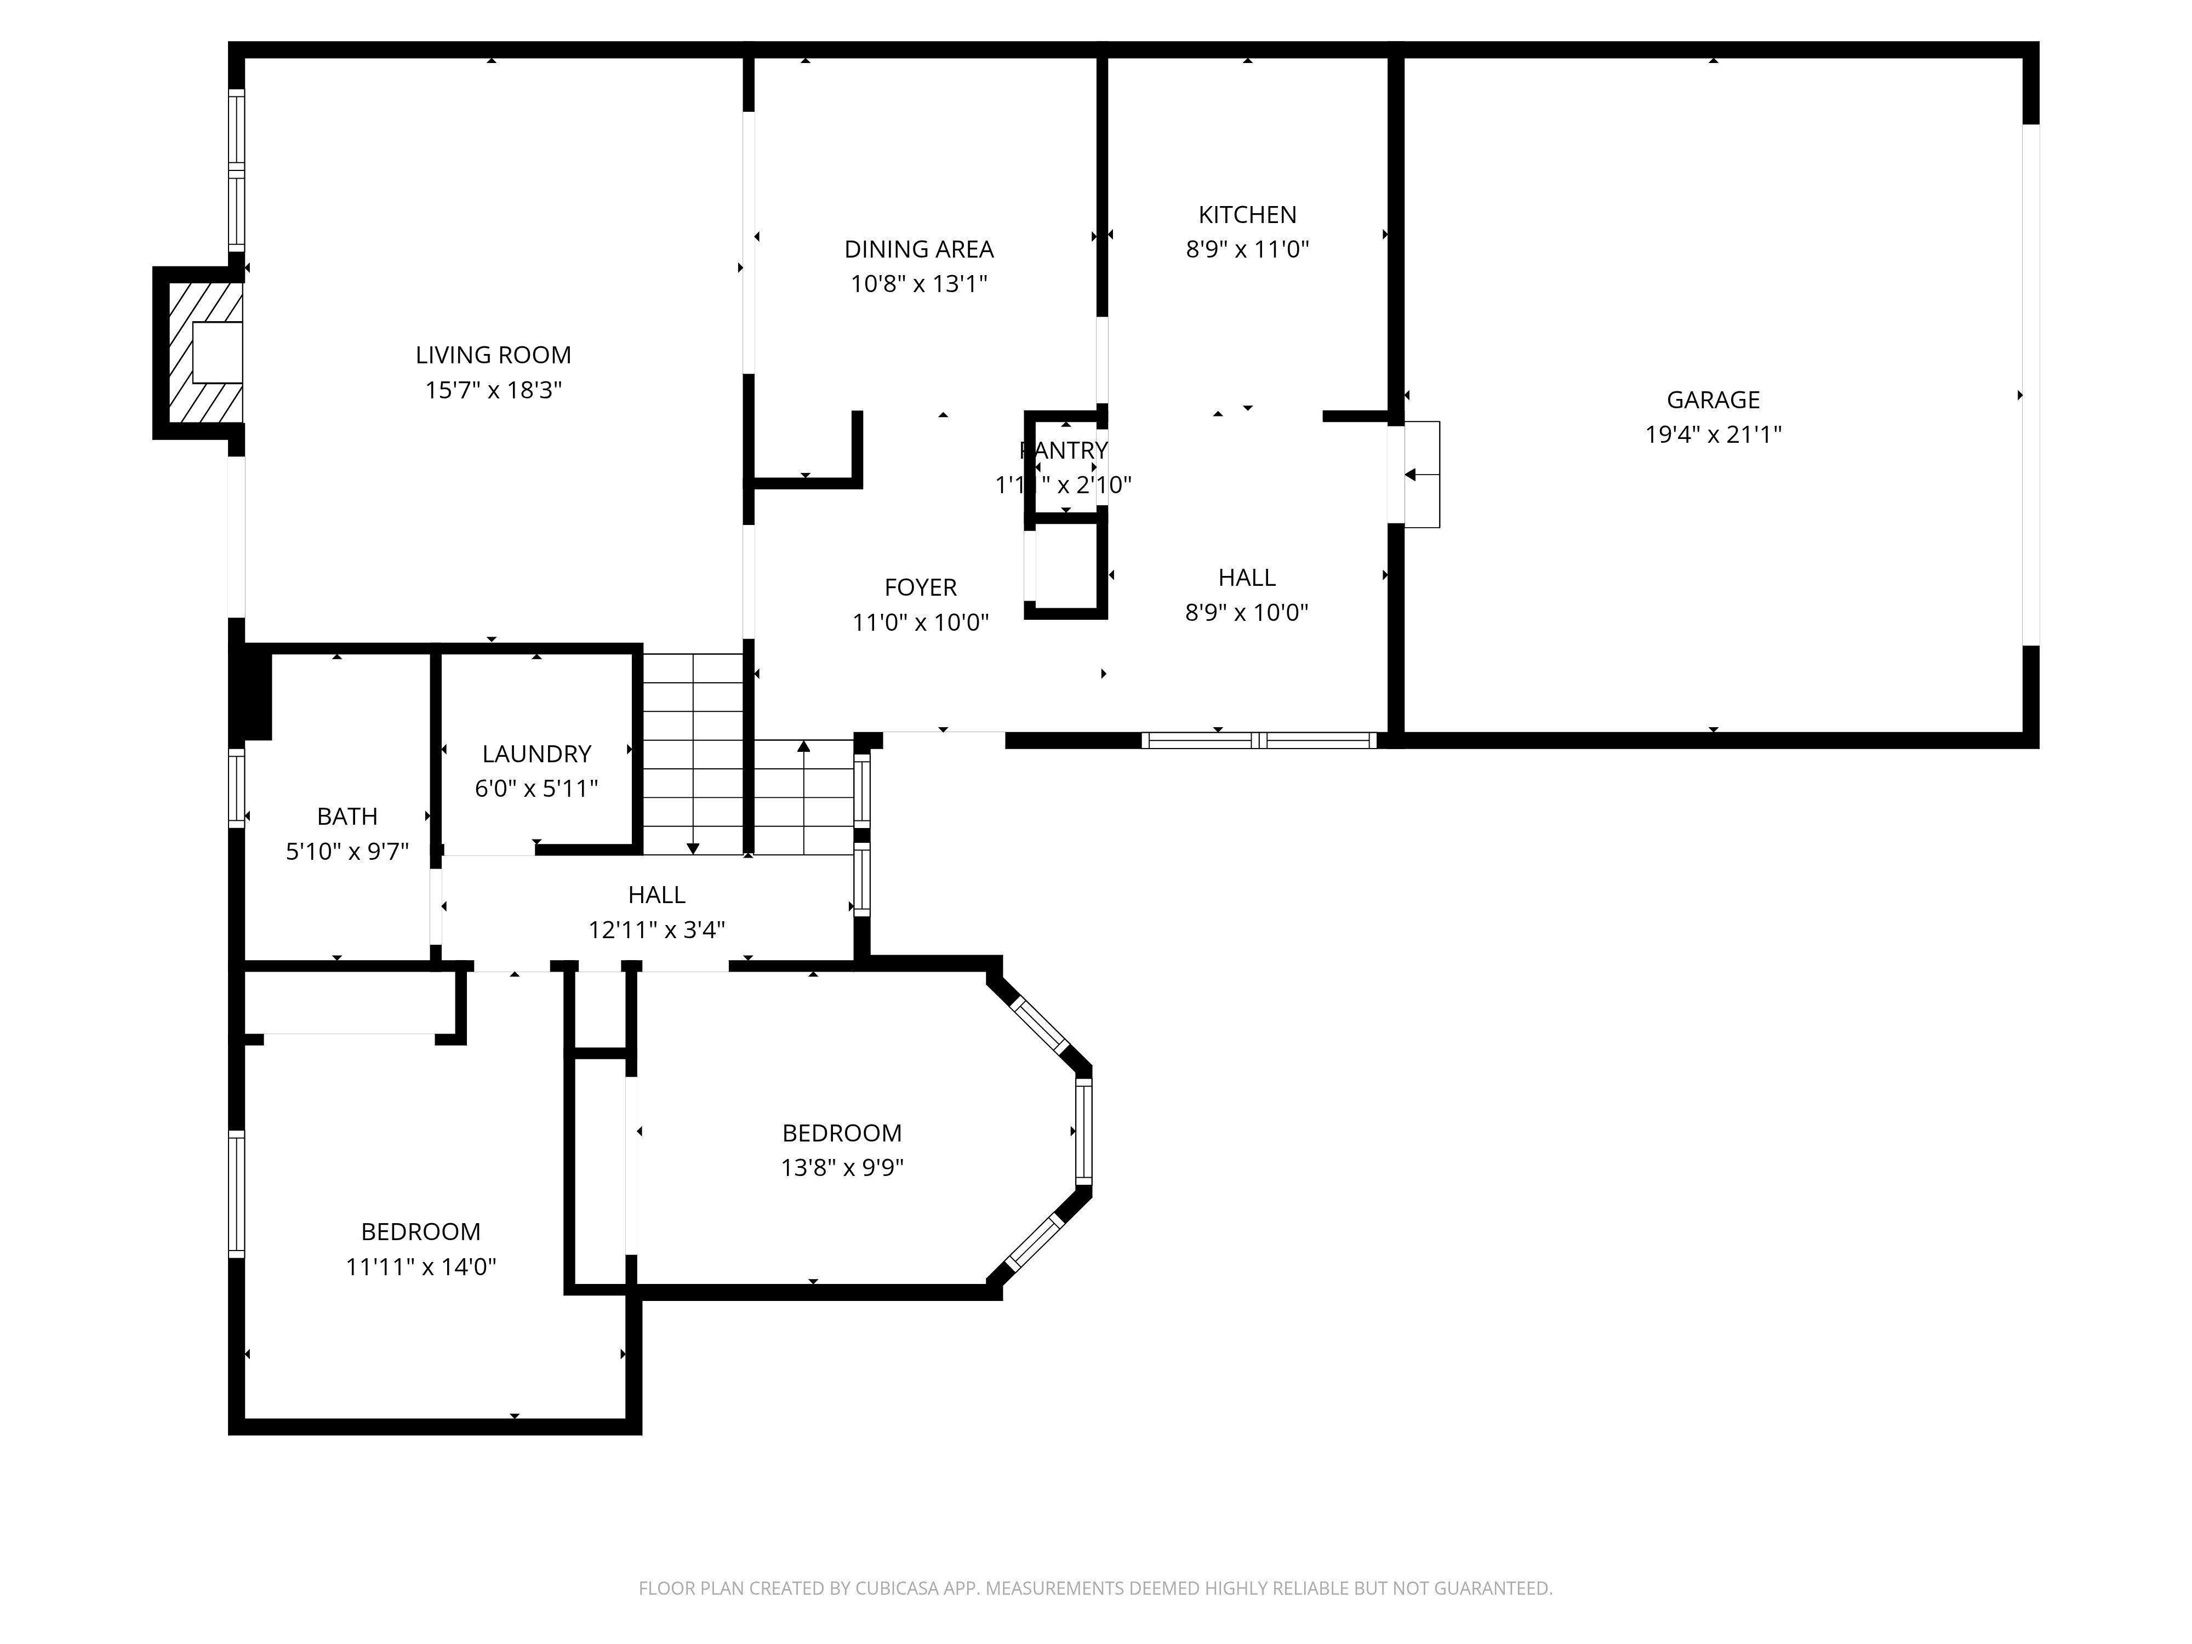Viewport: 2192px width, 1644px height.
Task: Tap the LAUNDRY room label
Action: point(536,754)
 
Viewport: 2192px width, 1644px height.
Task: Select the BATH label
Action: point(347,817)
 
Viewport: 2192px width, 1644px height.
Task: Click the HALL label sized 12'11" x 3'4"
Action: point(656,895)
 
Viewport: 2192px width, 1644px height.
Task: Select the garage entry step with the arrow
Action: point(1422,475)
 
